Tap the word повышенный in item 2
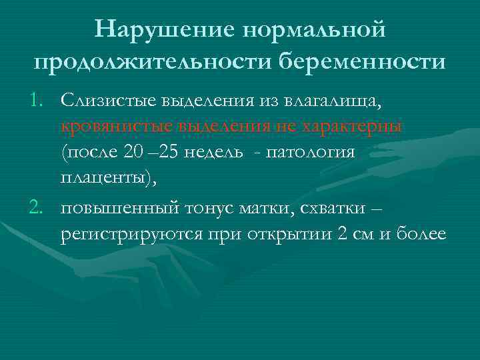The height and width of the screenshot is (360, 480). (117, 209)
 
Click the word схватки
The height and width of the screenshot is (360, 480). (330, 209)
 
